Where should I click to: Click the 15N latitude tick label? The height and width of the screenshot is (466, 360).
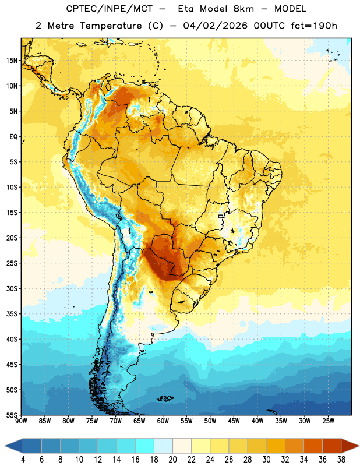(12, 61)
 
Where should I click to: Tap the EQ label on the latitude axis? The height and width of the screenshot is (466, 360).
(13, 137)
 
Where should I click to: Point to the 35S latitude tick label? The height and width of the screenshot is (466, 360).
(12, 314)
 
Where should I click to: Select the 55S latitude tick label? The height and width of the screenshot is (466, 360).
(12, 415)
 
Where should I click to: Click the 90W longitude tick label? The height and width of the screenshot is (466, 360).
(21, 421)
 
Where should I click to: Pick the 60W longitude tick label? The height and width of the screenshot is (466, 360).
(163, 421)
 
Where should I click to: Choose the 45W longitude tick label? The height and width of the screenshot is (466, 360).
(234, 421)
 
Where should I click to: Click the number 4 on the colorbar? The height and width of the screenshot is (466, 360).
(23, 460)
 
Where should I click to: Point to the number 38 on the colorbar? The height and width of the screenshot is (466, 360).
(341, 460)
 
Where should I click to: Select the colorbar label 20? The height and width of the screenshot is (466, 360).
(172, 460)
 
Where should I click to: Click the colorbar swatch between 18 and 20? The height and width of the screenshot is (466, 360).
(163, 446)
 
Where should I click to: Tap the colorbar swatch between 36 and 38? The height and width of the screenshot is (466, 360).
(332, 446)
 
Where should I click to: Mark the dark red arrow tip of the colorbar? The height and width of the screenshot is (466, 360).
(359, 446)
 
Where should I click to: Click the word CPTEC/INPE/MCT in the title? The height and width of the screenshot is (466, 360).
(110, 9)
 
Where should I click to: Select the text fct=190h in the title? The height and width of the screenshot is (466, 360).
(314, 26)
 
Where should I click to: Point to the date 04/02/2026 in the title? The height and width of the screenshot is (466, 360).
(215, 26)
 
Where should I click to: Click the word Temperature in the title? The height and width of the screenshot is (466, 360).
(111, 26)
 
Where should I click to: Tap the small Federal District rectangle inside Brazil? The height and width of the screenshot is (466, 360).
(221, 216)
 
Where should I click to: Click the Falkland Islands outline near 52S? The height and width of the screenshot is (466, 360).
(165, 398)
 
